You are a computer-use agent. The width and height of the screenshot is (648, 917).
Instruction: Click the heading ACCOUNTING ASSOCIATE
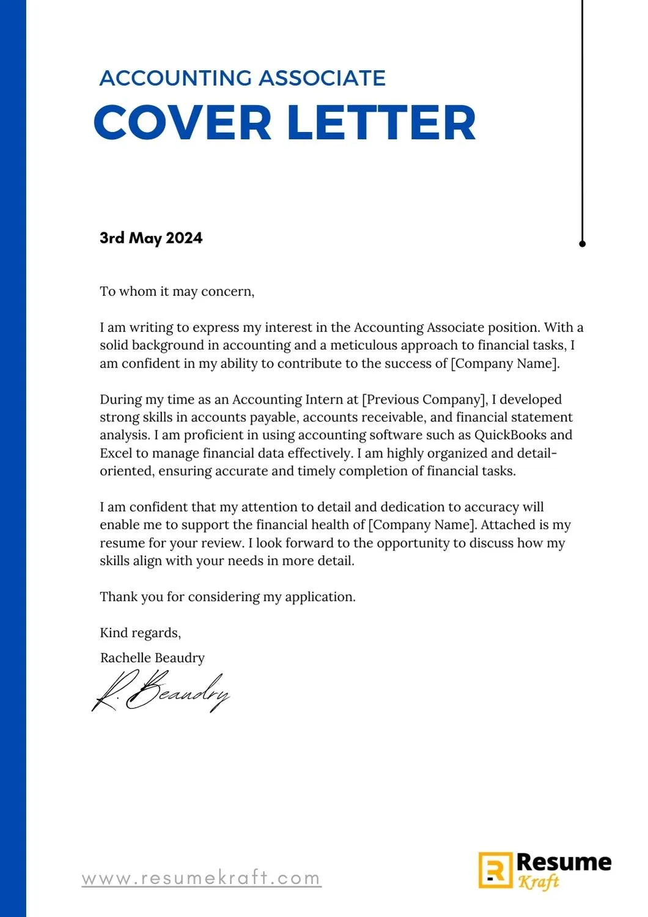click(x=242, y=78)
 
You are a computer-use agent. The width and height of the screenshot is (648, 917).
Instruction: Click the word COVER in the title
click(x=182, y=123)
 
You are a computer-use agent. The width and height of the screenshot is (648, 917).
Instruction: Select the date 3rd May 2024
click(x=151, y=238)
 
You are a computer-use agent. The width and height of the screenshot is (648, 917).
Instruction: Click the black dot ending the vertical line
click(x=582, y=243)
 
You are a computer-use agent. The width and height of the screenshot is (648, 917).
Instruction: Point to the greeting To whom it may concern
click(x=177, y=292)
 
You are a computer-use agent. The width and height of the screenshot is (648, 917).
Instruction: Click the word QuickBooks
click(x=510, y=435)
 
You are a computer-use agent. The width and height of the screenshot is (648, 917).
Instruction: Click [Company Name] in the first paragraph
click(x=504, y=364)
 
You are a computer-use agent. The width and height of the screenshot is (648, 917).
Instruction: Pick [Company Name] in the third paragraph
click(x=422, y=525)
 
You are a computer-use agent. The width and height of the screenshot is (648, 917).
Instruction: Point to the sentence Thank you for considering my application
click(x=227, y=597)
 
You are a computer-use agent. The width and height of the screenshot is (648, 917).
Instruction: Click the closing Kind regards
click(x=140, y=633)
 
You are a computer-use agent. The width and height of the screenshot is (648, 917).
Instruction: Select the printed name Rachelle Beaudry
click(x=152, y=658)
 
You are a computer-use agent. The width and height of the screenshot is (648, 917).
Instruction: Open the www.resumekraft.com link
click(x=202, y=878)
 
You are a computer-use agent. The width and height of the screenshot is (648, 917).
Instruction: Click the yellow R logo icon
click(x=495, y=870)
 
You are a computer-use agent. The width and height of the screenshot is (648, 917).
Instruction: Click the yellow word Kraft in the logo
click(x=539, y=882)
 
